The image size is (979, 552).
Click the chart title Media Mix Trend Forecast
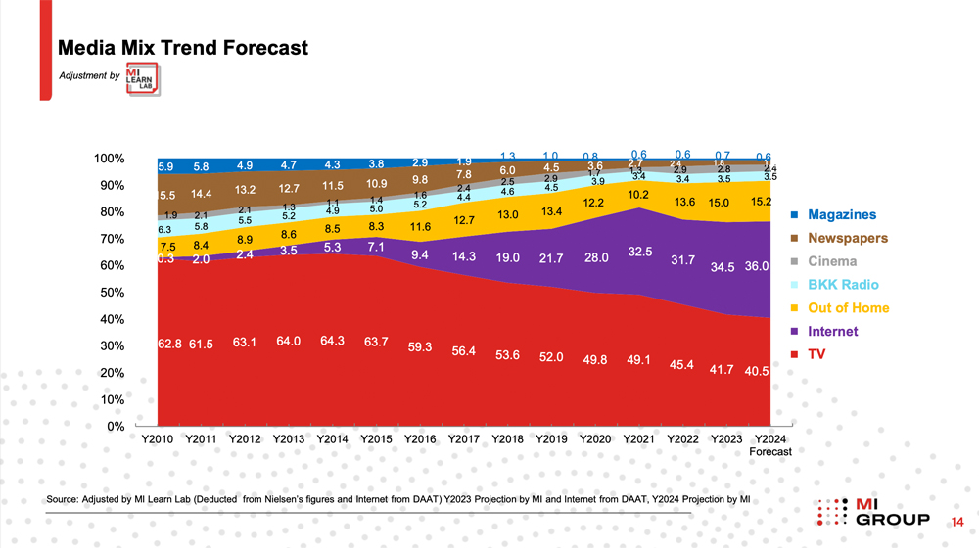(x=183, y=47)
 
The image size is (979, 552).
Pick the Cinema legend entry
(x=832, y=261)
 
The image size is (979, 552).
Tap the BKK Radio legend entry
(x=843, y=285)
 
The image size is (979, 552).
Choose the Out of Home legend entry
(x=848, y=308)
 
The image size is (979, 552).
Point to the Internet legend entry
(x=832, y=332)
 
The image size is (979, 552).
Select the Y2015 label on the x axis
(x=377, y=439)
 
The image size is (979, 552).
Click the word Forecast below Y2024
(x=770, y=452)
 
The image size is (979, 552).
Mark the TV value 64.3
(x=333, y=341)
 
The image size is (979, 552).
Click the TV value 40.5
(x=756, y=372)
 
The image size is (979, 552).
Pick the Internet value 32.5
(x=640, y=252)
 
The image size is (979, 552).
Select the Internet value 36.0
(x=757, y=265)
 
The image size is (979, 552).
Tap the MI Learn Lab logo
(x=145, y=78)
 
